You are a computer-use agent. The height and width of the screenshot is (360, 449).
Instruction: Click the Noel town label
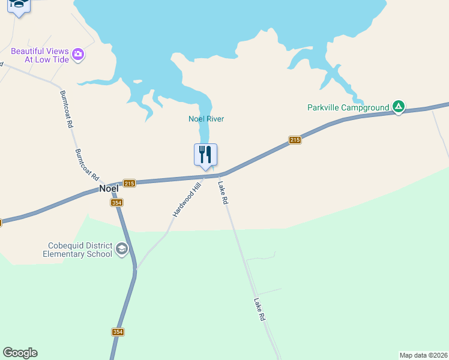pyautogui.click(x=109, y=188)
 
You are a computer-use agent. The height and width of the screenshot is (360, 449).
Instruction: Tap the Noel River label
pyautogui.click(x=206, y=119)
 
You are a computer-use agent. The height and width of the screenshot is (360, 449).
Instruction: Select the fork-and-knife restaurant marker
pyautogui.click(x=205, y=155)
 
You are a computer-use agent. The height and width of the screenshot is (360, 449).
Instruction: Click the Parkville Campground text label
pyautogui.click(x=348, y=108)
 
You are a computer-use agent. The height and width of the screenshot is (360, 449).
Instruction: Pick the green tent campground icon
pyautogui.click(x=398, y=107)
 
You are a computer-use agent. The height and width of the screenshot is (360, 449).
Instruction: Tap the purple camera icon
pyautogui.click(x=78, y=55)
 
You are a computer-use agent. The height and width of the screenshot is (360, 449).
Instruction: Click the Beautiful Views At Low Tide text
pyautogui.click(x=40, y=55)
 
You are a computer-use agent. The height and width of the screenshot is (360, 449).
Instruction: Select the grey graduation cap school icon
pyautogui.click(x=122, y=249)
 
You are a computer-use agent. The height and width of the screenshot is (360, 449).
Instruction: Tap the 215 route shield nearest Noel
pyautogui.click(x=129, y=183)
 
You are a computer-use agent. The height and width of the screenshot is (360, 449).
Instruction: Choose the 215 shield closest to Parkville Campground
pyautogui.click(x=294, y=140)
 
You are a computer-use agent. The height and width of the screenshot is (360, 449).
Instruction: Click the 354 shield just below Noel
pyautogui.click(x=117, y=203)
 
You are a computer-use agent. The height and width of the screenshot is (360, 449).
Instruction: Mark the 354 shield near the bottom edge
pyautogui.click(x=118, y=332)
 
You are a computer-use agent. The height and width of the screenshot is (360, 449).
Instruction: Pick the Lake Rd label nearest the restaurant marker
pyautogui.click(x=223, y=194)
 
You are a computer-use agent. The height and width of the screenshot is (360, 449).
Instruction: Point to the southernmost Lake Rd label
pyautogui.click(x=259, y=310)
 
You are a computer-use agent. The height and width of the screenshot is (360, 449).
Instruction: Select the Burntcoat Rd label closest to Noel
pyautogui.click(x=87, y=165)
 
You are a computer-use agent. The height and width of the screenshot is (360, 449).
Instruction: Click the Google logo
pyautogui.click(x=20, y=353)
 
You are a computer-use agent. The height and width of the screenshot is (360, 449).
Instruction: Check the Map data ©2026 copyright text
pyautogui.click(x=424, y=355)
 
